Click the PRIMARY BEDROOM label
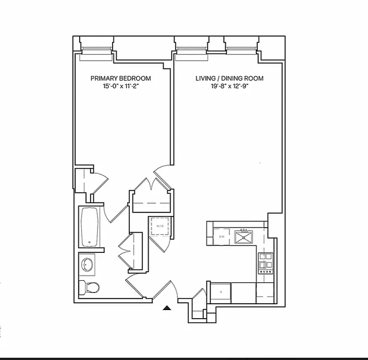coord(121,78)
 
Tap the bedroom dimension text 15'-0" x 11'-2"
coord(121,87)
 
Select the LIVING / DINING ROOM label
coord(229,78)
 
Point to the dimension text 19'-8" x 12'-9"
coord(229,87)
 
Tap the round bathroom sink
coord(88,264)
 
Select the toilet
coord(89,286)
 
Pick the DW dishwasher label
coord(221,236)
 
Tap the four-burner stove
coord(265,263)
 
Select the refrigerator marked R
coord(221,292)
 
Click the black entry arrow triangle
coord(167,308)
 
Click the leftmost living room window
coord(190,53)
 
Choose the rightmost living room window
coord(241,53)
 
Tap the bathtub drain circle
coord(89,243)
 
